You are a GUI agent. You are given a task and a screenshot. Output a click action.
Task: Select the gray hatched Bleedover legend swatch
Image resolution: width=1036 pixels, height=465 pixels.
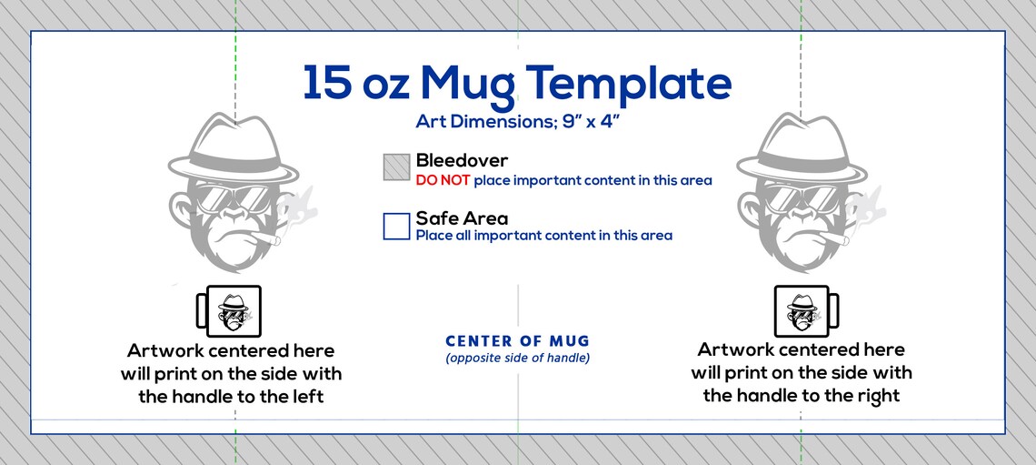point(396,167)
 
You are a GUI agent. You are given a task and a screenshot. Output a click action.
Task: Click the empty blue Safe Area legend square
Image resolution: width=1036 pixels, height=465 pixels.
point(396,226)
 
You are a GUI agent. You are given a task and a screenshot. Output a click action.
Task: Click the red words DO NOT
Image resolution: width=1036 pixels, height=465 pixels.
point(443,180)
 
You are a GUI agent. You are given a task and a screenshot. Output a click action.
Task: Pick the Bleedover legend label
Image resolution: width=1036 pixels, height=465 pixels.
point(462,161)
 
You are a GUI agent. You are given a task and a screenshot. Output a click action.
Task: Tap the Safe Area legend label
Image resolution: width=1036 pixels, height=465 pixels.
point(462,218)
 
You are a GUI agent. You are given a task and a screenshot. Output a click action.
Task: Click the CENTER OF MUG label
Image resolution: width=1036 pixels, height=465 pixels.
point(517,341)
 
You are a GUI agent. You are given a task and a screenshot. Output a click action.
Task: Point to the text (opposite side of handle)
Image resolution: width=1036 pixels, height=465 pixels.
point(517,359)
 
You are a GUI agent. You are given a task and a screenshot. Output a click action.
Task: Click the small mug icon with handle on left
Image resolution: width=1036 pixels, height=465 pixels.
point(229,311)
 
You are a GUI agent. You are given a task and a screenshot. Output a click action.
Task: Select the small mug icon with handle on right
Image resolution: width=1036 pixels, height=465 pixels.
point(806,311)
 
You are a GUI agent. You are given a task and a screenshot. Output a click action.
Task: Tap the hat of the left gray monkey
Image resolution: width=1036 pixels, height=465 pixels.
point(233,150)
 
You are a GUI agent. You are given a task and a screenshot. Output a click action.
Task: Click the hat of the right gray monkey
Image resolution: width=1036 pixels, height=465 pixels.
point(802,150)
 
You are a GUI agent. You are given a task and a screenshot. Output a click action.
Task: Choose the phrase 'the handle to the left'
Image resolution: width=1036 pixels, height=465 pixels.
point(231,397)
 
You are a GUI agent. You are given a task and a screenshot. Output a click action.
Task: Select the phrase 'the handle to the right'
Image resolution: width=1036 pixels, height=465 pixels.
point(802,396)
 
